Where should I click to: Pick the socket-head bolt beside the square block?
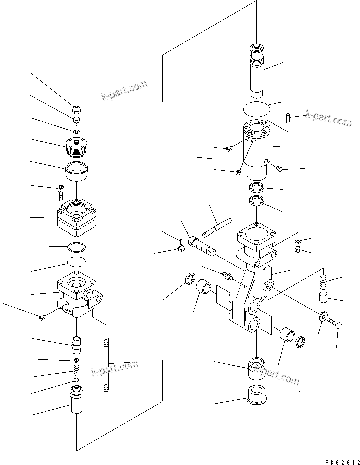tap(61, 191)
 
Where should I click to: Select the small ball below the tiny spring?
tap(76, 381)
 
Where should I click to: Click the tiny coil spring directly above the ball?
tap(76, 371)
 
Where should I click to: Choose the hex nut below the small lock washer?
tap(297, 249)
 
